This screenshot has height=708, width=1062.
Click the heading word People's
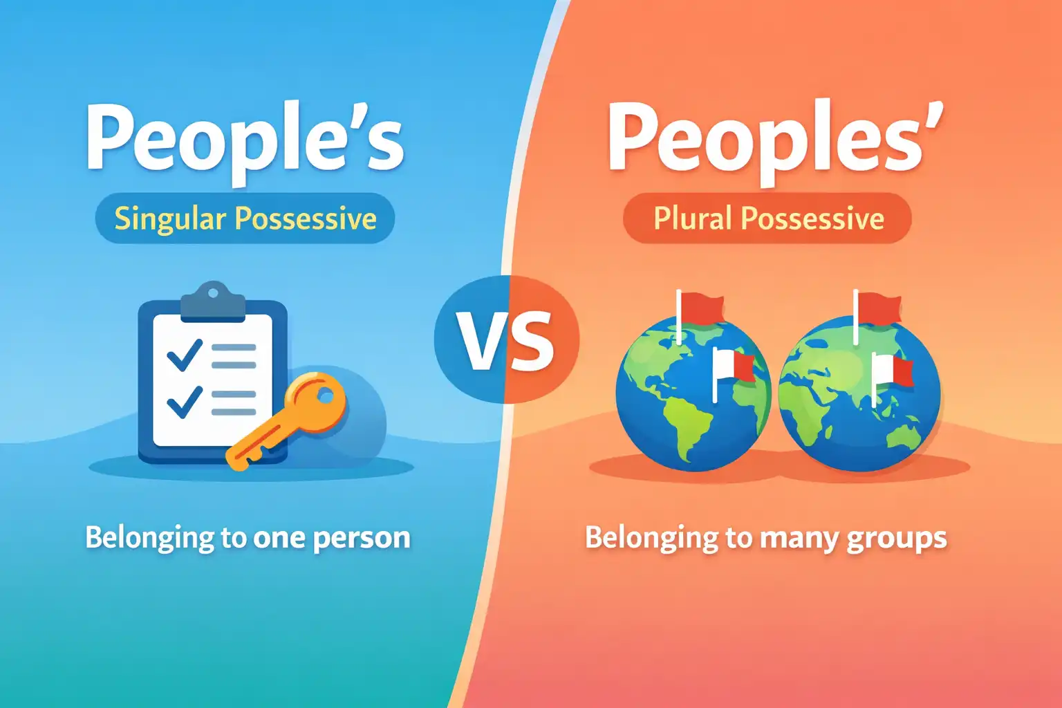[245, 138]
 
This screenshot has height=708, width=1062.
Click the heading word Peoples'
[774, 138]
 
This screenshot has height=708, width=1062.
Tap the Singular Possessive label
[245, 218]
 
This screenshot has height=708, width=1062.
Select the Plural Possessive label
[768, 218]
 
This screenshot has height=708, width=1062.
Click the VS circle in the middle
[507, 339]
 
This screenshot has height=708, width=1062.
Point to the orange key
[290, 422]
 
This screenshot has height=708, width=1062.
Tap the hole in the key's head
[324, 397]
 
